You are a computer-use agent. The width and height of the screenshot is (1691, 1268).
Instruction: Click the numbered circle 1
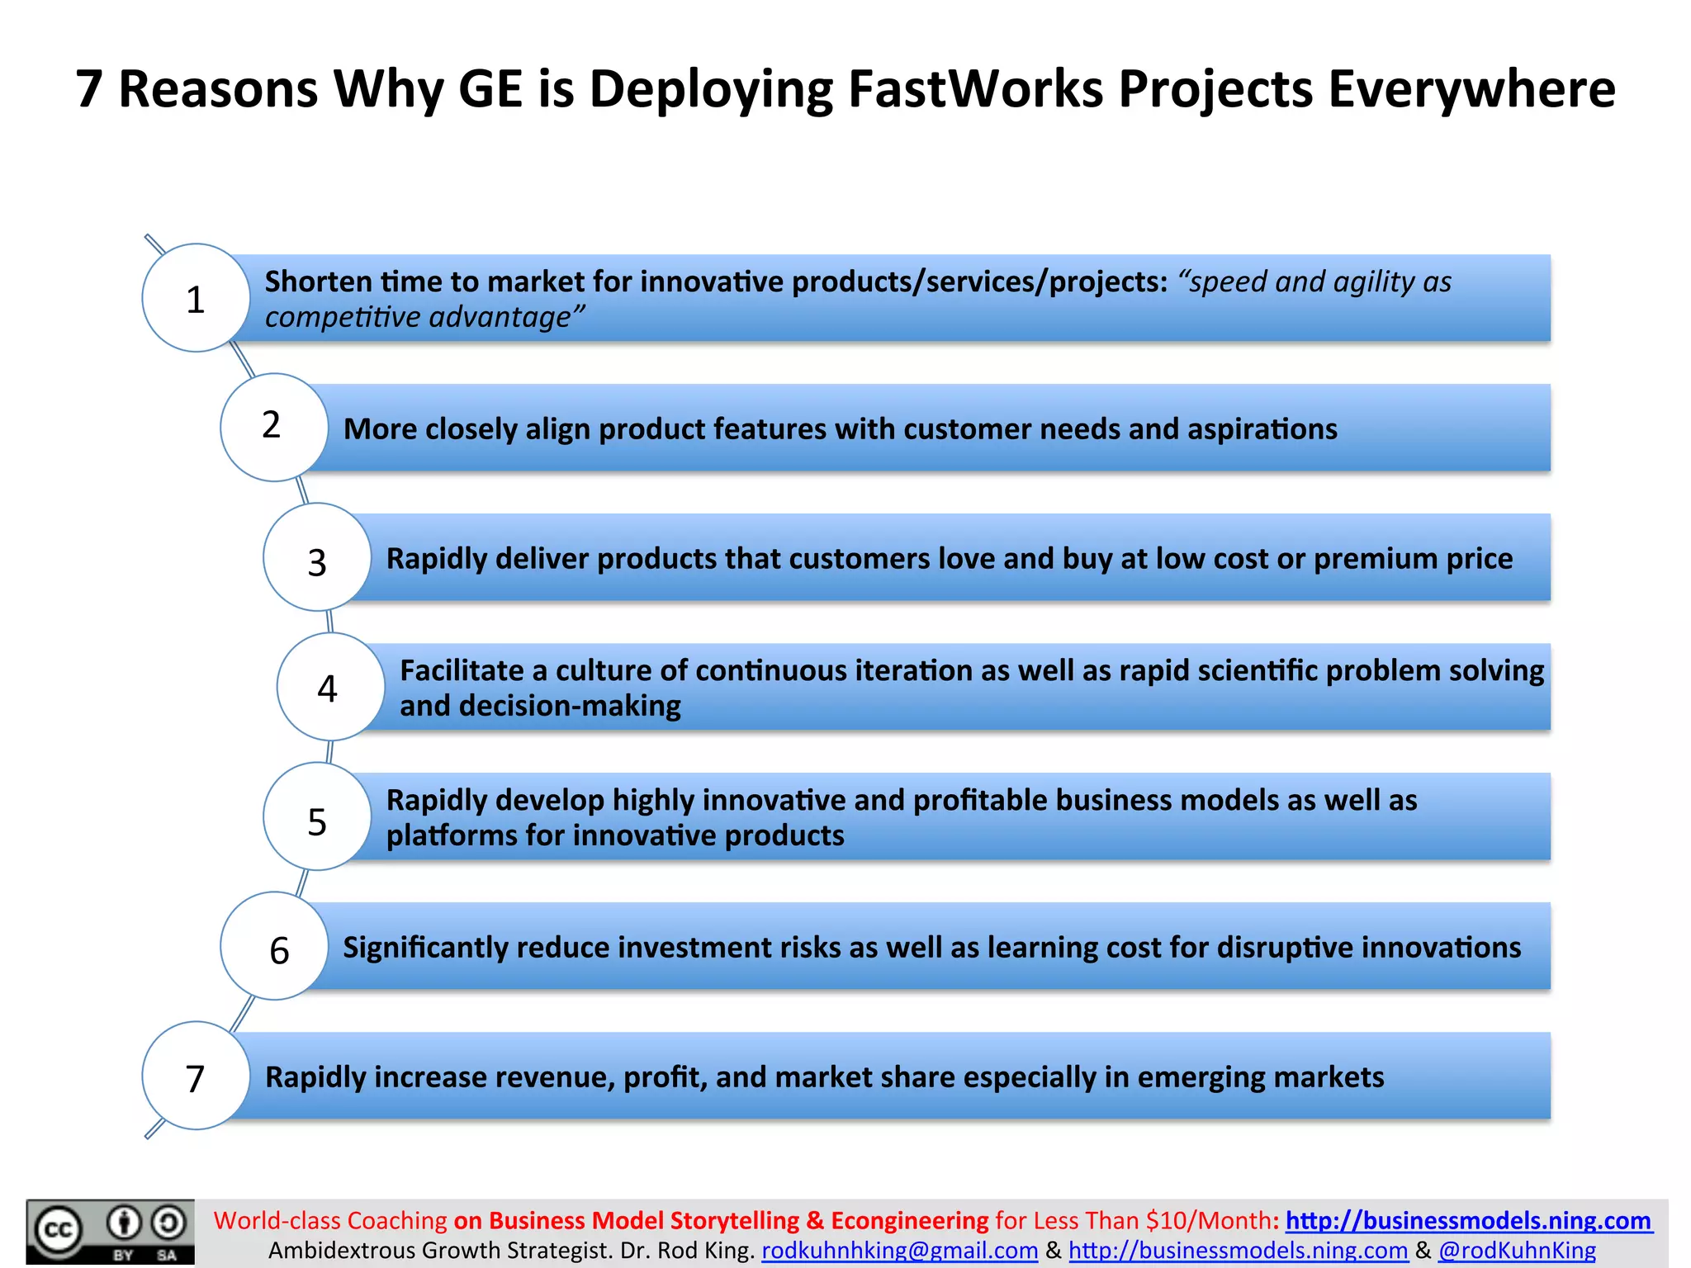coord(196,298)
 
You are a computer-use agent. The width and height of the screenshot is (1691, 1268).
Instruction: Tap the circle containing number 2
coord(274,427)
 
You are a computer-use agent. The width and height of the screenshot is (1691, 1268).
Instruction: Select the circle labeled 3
coord(317,557)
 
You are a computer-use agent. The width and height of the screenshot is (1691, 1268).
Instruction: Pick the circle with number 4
coord(330,687)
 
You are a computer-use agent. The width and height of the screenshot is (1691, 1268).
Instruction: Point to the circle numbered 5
coord(317,816)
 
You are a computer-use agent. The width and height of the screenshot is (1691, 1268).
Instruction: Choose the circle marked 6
coord(274,946)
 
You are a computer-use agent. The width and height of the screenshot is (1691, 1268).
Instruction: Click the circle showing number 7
coord(196,1076)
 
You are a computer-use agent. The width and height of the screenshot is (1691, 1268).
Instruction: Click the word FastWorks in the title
coord(975,88)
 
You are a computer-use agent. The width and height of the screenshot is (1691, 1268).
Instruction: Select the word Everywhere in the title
coord(1471,88)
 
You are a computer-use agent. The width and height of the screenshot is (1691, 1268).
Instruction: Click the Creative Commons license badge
coord(111,1232)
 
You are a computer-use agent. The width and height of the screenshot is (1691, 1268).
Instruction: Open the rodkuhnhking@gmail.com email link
coord(899,1251)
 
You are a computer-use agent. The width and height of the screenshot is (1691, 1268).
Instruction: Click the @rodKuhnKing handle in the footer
coord(1517,1251)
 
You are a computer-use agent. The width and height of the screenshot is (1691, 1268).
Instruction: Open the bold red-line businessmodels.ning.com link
coord(1469,1220)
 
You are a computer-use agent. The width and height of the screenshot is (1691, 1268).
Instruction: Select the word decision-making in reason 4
coord(570,706)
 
